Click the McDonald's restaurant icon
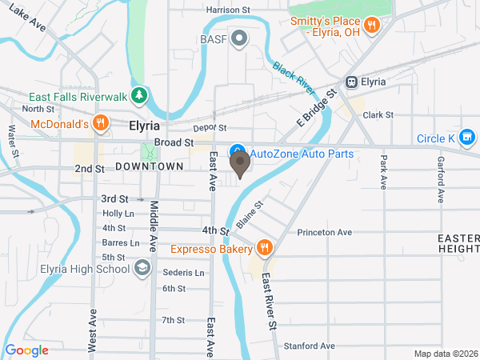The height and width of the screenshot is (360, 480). point(100,123)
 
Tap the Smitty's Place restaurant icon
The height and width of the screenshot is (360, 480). point(371,26)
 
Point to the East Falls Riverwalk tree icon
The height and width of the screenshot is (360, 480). point(140,96)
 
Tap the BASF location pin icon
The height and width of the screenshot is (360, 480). point(239,38)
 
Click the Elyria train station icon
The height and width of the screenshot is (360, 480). point(350,82)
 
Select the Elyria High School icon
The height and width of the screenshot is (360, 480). point(142,268)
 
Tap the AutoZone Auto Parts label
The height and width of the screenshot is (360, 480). point(302,153)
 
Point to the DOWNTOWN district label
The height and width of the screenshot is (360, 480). point(150,166)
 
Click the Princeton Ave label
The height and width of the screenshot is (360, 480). point(324,233)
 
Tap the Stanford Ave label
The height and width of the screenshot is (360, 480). point(309,346)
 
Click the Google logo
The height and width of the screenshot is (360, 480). point(27,350)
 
